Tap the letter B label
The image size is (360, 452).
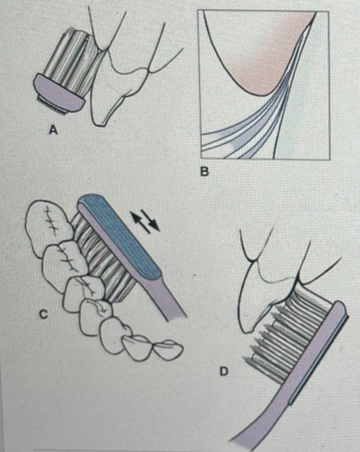[204, 172]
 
